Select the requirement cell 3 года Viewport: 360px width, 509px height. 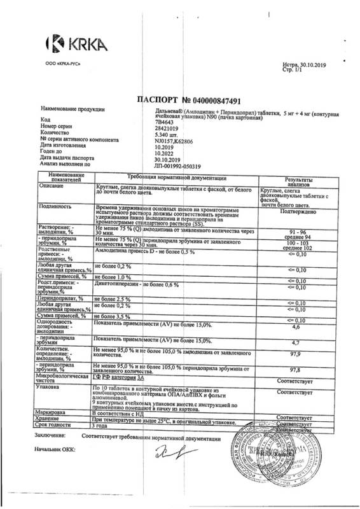104,427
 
